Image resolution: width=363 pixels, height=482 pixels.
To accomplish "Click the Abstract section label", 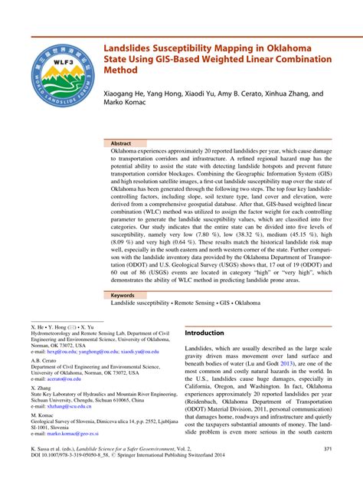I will click(121, 143).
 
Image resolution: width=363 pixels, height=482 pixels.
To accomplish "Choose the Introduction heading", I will click(204, 333).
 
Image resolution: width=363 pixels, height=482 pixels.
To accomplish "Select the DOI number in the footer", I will click(77, 457).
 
